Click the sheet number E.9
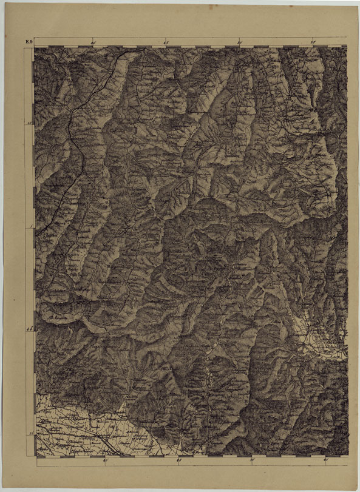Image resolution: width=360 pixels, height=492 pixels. (29, 42)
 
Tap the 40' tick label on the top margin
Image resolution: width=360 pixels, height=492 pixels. (93, 42)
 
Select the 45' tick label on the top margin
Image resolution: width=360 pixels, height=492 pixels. (166, 42)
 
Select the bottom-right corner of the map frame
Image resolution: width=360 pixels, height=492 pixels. (348, 456)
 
